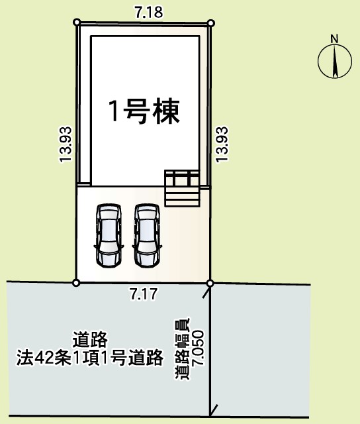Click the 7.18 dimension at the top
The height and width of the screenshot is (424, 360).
149,12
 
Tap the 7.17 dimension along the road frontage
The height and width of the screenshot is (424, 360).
144,294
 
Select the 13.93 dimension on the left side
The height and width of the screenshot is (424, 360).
66,144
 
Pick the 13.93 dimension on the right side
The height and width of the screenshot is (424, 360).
222,144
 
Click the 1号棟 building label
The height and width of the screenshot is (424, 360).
144,112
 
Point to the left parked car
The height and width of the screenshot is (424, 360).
109,236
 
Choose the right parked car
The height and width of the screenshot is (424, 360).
147,236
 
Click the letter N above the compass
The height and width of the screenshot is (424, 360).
335,39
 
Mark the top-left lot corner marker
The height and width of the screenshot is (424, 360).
77,22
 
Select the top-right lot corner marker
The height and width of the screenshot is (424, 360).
211,23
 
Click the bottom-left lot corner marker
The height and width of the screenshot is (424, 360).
76,283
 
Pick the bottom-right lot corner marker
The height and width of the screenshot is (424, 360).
210,284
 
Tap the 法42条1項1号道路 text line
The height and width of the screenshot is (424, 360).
90,358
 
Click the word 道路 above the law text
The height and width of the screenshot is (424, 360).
90,339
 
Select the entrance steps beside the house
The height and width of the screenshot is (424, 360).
182,188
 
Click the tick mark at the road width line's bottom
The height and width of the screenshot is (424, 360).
213,411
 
